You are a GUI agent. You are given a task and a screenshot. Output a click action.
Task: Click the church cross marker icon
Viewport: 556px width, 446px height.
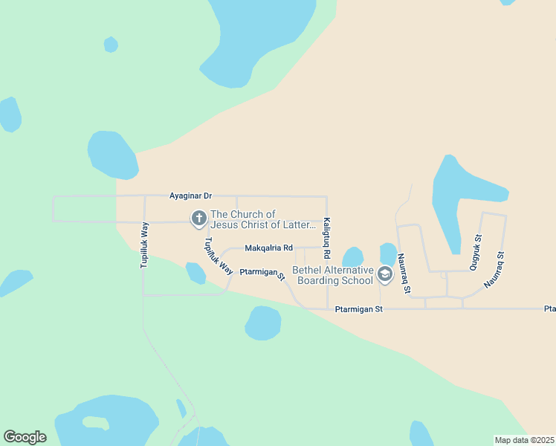tap(198, 219)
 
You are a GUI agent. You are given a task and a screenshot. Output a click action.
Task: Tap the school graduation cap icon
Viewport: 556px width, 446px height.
tap(384, 275)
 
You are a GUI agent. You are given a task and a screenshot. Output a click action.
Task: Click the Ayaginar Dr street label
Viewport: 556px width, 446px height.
tap(191, 195)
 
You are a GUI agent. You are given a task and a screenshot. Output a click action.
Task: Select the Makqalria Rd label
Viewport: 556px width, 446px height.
tap(269, 248)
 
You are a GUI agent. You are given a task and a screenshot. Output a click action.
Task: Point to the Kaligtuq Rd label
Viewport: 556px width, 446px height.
tap(326, 233)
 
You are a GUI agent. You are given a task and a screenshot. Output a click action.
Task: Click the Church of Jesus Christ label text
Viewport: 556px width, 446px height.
tap(257, 219)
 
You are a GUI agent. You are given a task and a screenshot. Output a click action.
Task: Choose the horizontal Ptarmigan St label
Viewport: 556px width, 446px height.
tap(358, 308)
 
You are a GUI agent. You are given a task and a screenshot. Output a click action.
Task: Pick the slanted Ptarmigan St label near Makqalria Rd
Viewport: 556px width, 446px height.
tap(262, 275)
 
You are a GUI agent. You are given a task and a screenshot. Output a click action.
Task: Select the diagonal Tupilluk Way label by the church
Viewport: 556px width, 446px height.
tap(219, 256)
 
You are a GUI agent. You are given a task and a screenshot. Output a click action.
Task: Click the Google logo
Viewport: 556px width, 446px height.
tap(25, 437)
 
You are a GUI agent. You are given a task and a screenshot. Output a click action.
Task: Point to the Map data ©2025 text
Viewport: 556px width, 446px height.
tap(524, 440)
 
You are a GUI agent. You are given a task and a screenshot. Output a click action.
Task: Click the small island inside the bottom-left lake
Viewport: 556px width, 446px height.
tap(95, 422)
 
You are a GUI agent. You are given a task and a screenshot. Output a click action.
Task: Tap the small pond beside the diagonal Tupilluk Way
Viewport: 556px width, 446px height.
tap(195, 273)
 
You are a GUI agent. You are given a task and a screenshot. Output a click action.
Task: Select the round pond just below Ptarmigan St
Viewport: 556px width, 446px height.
tap(263, 323)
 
